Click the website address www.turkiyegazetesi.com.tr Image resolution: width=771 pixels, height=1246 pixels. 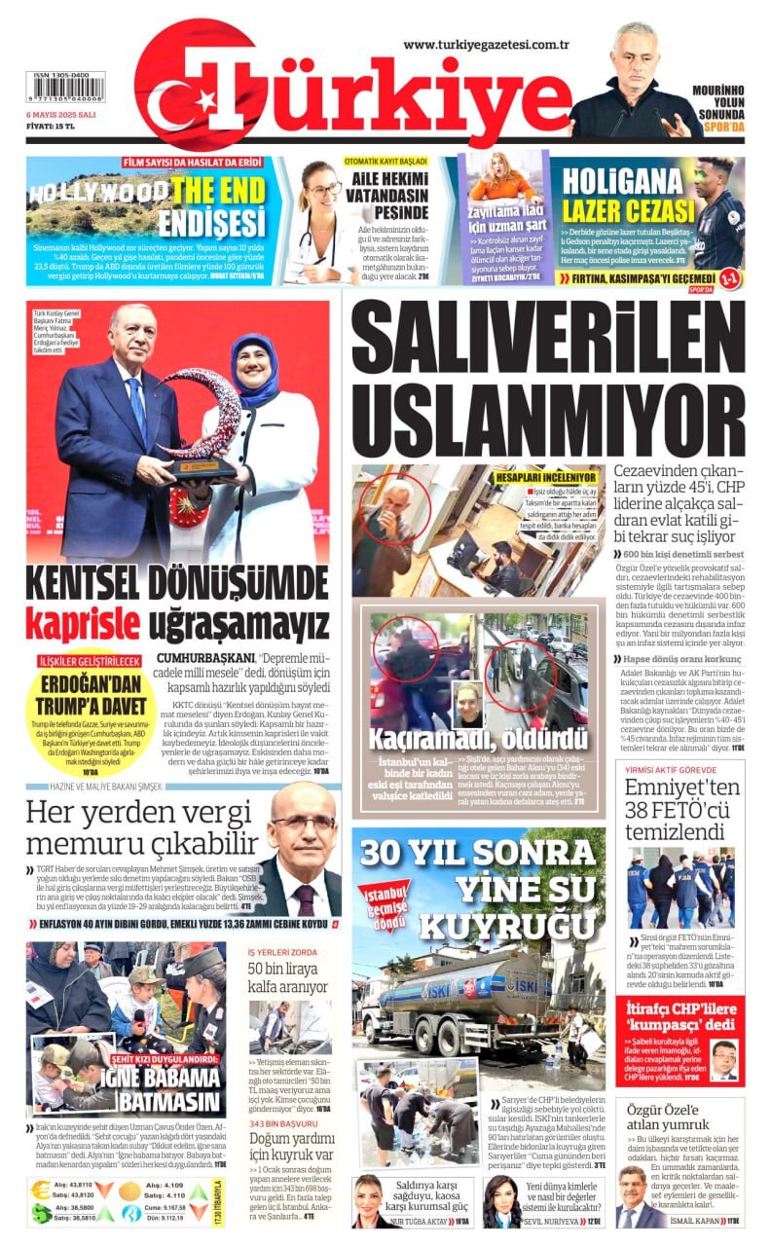pos(486,44)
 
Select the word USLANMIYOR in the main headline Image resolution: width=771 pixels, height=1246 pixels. pos(548,421)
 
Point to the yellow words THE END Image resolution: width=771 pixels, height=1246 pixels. pos(219,189)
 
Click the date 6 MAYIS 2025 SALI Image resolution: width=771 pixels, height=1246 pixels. pos(66,114)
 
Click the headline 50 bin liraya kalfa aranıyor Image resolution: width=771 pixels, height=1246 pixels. pos(289,976)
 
